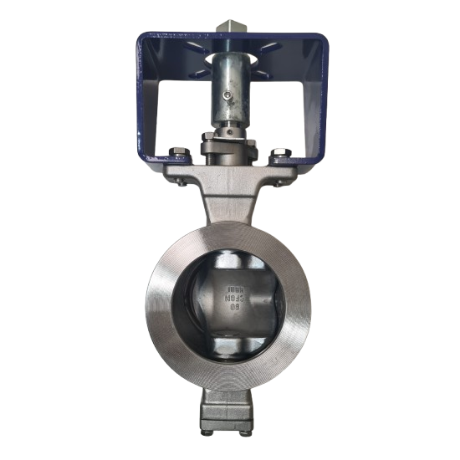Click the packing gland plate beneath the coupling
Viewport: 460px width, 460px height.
tap(228, 151)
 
